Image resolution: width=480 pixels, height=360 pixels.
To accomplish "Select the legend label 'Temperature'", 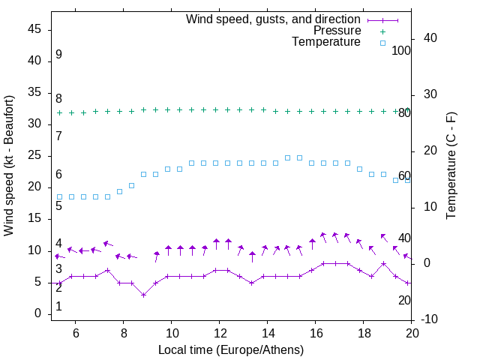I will click(x=326, y=42).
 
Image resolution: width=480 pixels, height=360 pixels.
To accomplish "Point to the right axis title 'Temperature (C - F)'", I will click(x=451, y=165).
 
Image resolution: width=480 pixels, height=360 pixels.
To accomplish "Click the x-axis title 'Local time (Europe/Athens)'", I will click(x=231, y=349).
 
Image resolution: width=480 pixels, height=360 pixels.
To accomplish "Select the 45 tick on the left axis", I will click(x=34, y=29).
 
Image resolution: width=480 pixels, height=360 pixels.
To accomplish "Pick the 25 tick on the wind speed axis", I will click(x=34, y=155).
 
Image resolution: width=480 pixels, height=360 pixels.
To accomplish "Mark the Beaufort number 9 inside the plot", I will click(x=58, y=55).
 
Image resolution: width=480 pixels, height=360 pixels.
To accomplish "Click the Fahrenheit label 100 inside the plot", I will click(x=401, y=51).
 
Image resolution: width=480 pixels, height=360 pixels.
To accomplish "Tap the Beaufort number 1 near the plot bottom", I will click(x=58, y=307).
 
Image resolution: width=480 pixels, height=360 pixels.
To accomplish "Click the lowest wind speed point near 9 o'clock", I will click(x=143, y=295).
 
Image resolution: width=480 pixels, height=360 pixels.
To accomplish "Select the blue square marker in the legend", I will click(x=382, y=43).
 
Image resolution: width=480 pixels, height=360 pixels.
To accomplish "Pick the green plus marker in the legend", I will click(x=382, y=31).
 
